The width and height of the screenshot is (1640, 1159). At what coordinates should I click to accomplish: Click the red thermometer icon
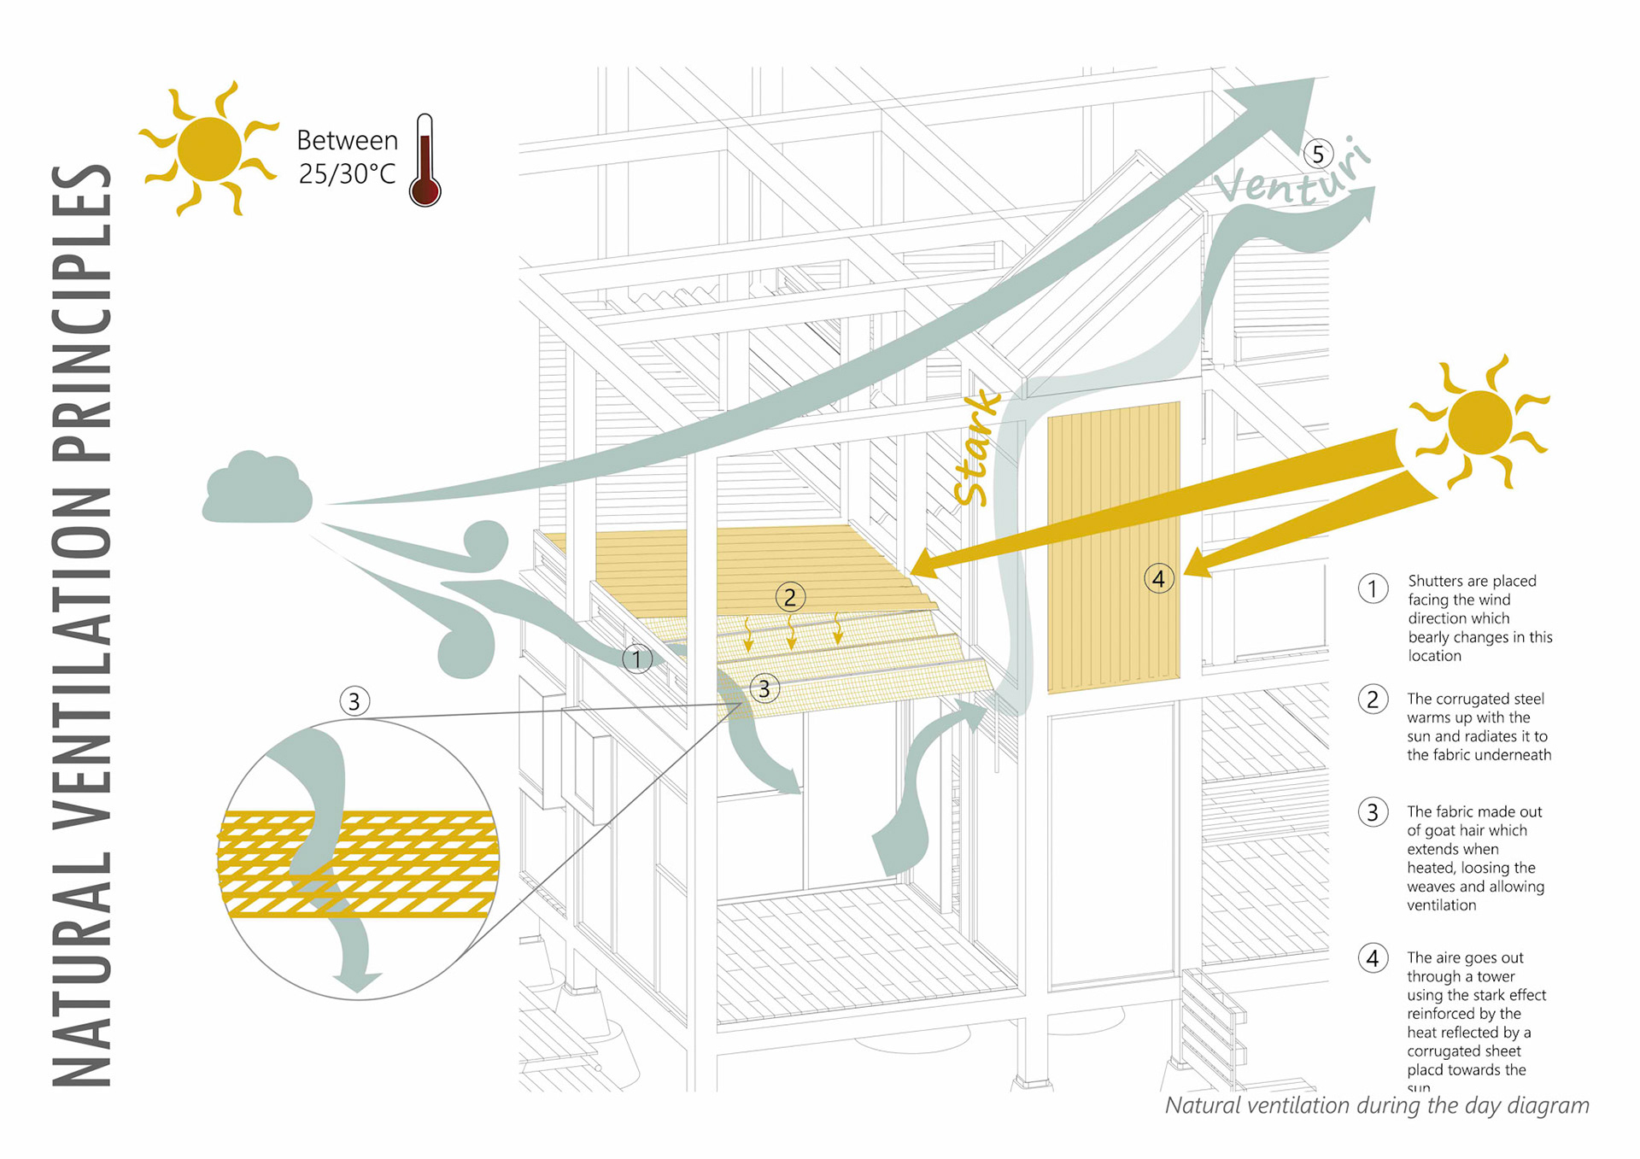[x=425, y=162]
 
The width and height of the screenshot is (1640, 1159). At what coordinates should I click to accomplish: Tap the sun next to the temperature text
[x=209, y=149]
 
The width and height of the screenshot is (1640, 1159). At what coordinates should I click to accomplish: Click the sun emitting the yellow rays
[x=1480, y=422]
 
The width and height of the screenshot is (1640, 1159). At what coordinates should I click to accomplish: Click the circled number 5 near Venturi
[x=1318, y=154]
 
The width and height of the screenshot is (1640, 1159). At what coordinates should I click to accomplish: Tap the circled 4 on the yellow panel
[x=1158, y=578]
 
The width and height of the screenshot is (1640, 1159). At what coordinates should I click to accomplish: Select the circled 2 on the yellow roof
[x=789, y=597]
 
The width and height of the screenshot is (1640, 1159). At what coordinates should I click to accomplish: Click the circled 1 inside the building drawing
[x=636, y=659]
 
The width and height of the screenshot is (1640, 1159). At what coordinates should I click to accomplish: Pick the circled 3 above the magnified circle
[x=354, y=701]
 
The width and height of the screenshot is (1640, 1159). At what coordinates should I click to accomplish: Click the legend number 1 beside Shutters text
[x=1373, y=588]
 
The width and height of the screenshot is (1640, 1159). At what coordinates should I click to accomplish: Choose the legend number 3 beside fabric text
[x=1373, y=811]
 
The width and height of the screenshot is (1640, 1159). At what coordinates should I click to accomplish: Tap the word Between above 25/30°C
[x=347, y=140]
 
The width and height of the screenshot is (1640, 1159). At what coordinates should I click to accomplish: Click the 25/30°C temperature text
[x=347, y=174]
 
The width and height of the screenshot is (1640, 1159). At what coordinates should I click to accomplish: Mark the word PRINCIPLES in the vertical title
[x=82, y=312]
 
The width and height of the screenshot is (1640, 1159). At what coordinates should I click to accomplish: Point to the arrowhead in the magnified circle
[x=357, y=982]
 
